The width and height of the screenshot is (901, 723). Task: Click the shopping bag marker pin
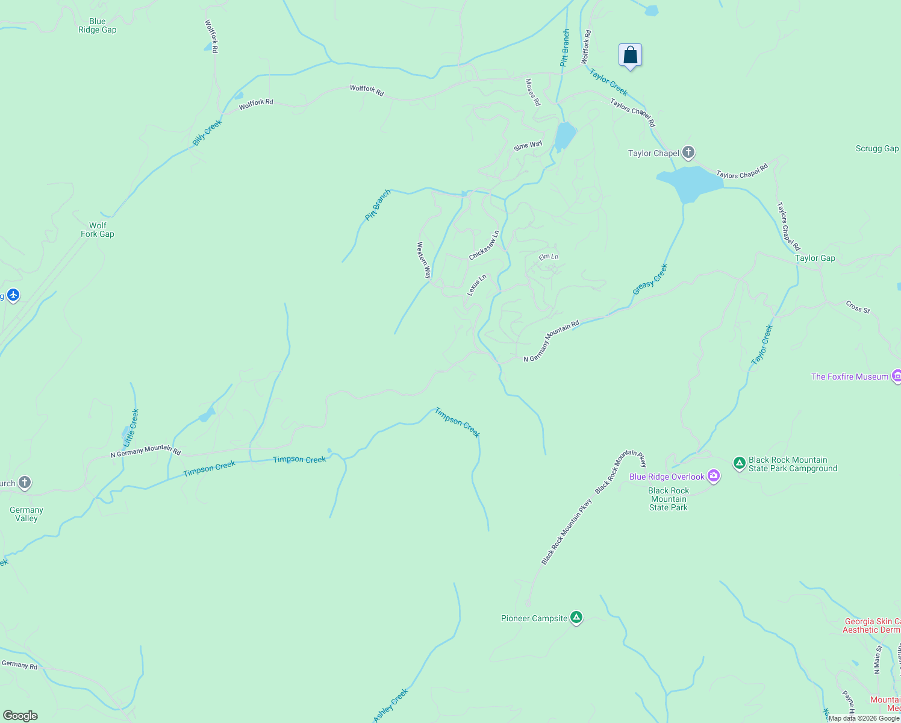630,56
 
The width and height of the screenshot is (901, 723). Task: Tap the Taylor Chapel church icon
688,152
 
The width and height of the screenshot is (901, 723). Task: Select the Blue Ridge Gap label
97,26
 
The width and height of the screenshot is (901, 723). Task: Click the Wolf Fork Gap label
98,230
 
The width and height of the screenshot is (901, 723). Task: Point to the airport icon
13,295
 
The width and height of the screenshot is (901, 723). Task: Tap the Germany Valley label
26,514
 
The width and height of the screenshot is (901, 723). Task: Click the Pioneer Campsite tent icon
576,618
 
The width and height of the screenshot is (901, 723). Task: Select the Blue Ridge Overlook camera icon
714,477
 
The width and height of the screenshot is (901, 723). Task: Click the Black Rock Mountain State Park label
669,499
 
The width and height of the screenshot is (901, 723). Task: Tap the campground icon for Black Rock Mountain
740,463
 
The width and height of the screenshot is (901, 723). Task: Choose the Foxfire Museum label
849,377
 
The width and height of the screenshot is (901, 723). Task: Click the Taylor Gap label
815,258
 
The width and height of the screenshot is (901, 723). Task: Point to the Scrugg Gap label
877,148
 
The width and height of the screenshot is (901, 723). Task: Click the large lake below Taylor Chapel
690,183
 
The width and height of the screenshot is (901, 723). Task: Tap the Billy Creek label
207,133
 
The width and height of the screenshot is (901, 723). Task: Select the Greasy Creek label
650,280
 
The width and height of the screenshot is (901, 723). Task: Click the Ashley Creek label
391,705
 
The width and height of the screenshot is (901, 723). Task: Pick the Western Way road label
424,260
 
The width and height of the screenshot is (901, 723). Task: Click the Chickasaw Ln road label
484,245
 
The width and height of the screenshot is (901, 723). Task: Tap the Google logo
20,716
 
